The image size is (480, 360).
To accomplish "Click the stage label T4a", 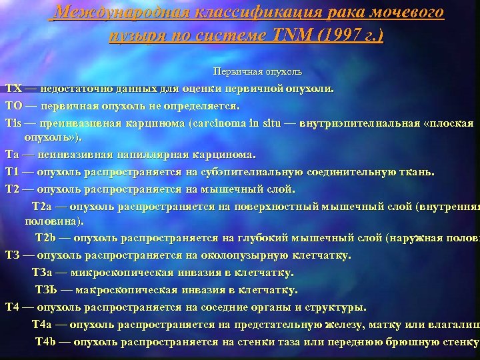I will pos(44,324).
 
